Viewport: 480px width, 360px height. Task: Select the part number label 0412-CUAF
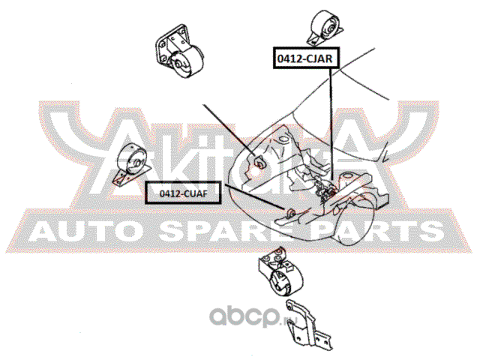coord(177,194)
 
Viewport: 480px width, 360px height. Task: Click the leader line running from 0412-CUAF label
coord(247,202)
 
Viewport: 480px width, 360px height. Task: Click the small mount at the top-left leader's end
coord(259,162)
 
